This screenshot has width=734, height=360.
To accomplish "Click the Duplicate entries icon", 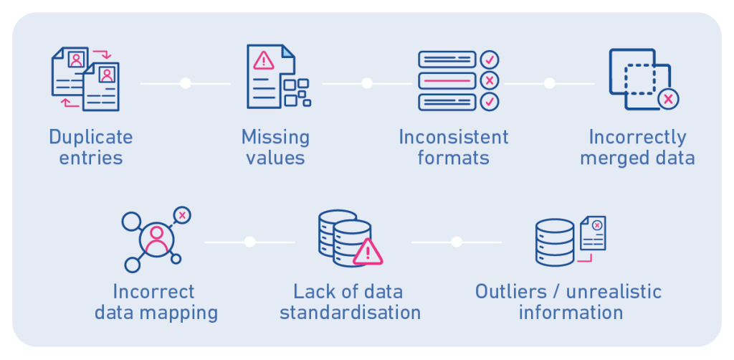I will pyautogui.click(x=85, y=78).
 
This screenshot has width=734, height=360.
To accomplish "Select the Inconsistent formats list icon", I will pyautogui.click(x=458, y=80).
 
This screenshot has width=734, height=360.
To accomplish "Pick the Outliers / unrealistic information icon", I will pyautogui.click(x=570, y=241).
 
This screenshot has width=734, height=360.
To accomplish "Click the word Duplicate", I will pyautogui.click(x=90, y=137).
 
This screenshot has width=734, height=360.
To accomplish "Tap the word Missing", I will pyautogui.click(x=275, y=137).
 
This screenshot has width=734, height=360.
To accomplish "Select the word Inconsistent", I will pyautogui.click(x=454, y=137).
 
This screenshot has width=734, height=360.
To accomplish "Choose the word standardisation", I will pyautogui.click(x=350, y=313).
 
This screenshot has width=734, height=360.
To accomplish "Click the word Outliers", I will pyautogui.click(x=515, y=292).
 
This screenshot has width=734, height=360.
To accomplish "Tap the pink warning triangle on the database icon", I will pyautogui.click(x=368, y=252).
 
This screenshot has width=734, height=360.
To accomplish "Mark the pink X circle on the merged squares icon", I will pyautogui.click(x=668, y=99).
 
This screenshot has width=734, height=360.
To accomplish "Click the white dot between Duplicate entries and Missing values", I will pyautogui.click(x=185, y=83).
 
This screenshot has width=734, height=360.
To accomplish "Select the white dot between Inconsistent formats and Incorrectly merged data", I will pyautogui.click(x=549, y=83).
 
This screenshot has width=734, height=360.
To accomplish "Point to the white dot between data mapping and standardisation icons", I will pyautogui.click(x=249, y=242).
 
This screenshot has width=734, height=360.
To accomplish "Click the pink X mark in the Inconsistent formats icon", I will pyautogui.click(x=489, y=80).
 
